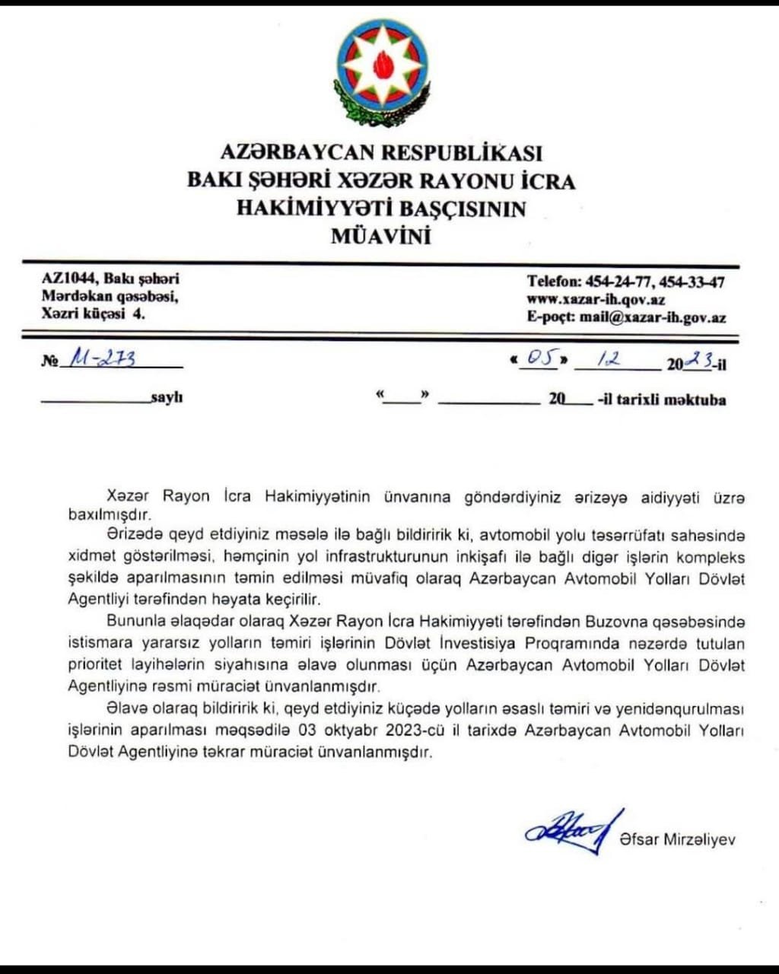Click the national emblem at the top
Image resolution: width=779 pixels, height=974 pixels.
381,69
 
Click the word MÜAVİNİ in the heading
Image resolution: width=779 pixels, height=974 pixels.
381,237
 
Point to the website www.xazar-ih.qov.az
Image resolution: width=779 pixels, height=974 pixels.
596,300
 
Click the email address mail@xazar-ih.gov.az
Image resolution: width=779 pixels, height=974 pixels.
653,318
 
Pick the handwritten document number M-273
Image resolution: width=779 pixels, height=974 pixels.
103,358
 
